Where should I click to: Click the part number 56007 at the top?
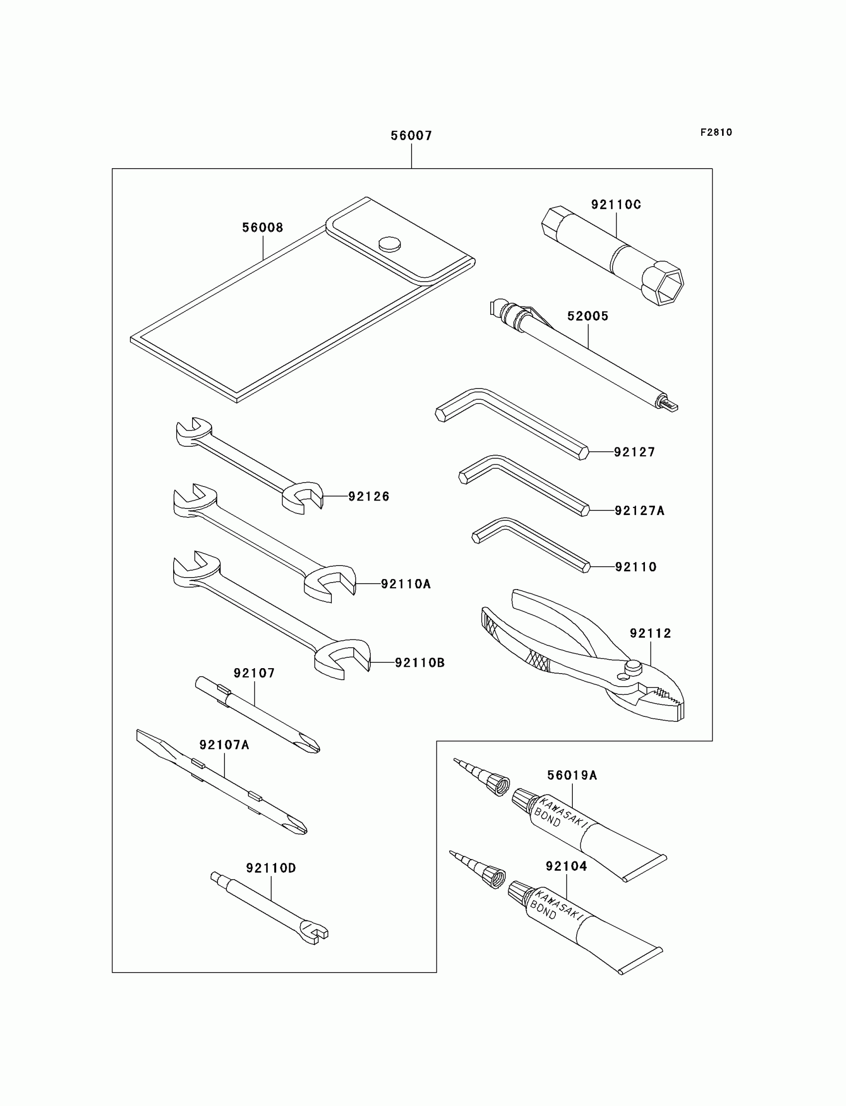(x=411, y=135)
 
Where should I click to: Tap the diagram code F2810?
(x=716, y=132)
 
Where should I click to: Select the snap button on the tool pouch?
(x=390, y=244)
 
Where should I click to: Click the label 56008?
(x=262, y=227)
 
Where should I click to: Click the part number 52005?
(x=588, y=316)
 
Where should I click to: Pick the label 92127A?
(x=639, y=510)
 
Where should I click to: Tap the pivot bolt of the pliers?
(x=633, y=667)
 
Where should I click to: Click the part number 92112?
(x=650, y=633)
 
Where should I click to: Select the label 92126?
(x=369, y=497)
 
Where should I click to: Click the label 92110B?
(x=420, y=663)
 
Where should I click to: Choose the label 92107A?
(x=224, y=745)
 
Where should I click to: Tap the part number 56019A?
(x=572, y=775)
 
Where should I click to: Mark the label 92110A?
(x=406, y=584)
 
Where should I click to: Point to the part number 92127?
(x=634, y=452)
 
